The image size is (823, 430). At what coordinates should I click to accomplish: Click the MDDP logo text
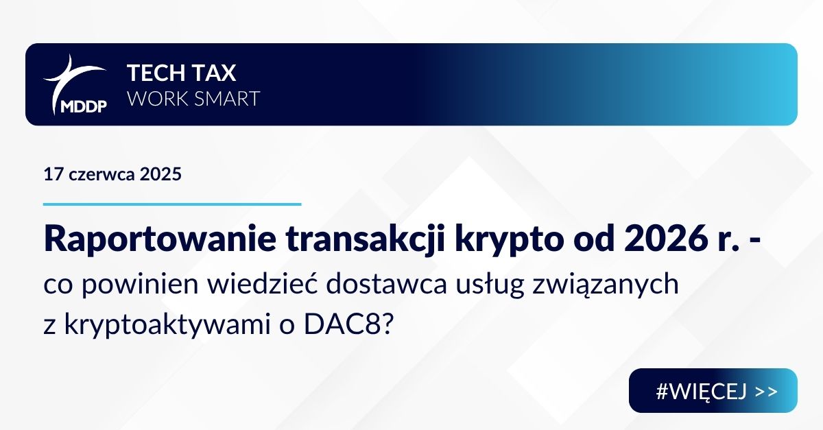pyautogui.click(x=84, y=106)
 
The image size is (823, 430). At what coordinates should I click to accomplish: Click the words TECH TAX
pyautogui.click(x=182, y=73)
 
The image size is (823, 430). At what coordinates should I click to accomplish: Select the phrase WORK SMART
pyautogui.click(x=193, y=99)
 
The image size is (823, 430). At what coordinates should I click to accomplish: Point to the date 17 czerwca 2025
pyautogui.click(x=112, y=174)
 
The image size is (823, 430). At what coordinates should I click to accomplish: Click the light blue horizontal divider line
pyautogui.click(x=172, y=204)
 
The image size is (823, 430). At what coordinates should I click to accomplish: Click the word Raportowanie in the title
pyautogui.click(x=160, y=239)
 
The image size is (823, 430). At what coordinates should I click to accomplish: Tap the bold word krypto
pyautogui.click(x=509, y=241)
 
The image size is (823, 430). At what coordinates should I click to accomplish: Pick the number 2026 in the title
pyautogui.click(x=666, y=239)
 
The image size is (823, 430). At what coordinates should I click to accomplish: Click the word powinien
pyautogui.click(x=140, y=285)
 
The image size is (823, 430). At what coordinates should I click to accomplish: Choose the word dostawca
pyautogui.click(x=386, y=284)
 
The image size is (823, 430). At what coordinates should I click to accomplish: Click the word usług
pyautogui.click(x=490, y=285)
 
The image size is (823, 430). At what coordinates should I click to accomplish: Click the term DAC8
pyautogui.click(x=342, y=324)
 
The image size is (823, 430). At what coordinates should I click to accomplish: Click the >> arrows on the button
pyautogui.click(x=767, y=392)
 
